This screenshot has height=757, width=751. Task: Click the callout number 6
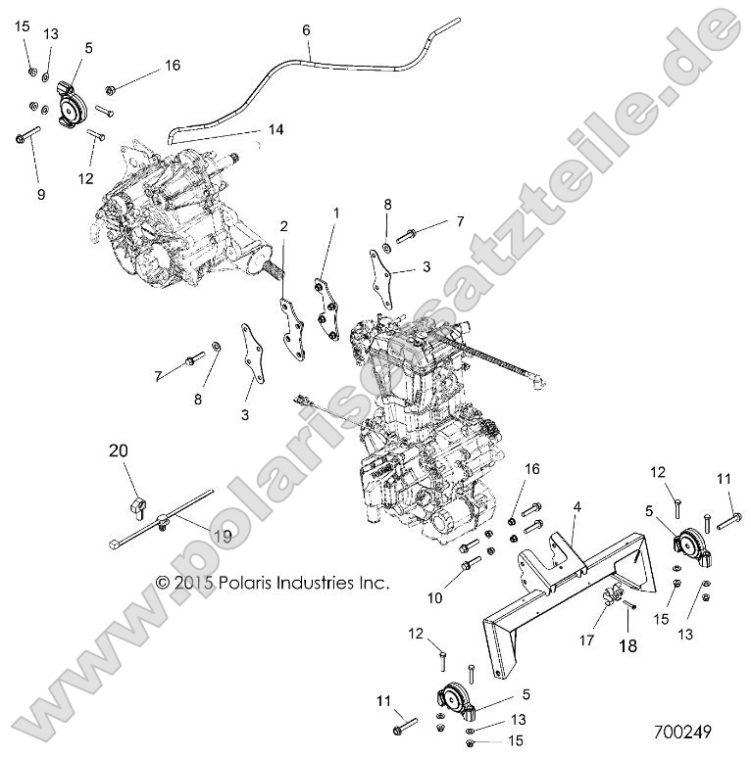click(307, 30)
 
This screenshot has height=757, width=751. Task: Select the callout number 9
click(41, 195)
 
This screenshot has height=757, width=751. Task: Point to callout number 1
click(334, 212)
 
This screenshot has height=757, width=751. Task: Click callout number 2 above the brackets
click(256, 226)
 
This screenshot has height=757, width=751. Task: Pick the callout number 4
click(578, 506)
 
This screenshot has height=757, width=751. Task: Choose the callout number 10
click(434, 596)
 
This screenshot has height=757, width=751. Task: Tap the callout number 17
click(587, 641)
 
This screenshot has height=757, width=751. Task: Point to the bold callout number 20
click(118, 451)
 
